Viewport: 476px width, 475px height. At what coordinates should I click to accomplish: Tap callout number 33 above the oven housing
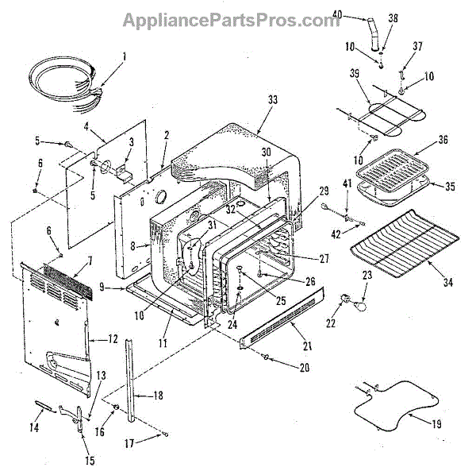(x=273, y=100)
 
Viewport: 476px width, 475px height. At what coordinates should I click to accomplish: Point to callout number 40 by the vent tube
(x=336, y=14)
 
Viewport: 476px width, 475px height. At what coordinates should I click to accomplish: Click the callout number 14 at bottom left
(x=33, y=427)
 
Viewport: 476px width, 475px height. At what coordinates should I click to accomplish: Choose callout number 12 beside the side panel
(x=114, y=339)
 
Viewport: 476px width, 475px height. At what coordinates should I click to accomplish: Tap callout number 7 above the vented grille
(x=90, y=261)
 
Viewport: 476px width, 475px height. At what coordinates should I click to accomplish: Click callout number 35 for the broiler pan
(x=450, y=187)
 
